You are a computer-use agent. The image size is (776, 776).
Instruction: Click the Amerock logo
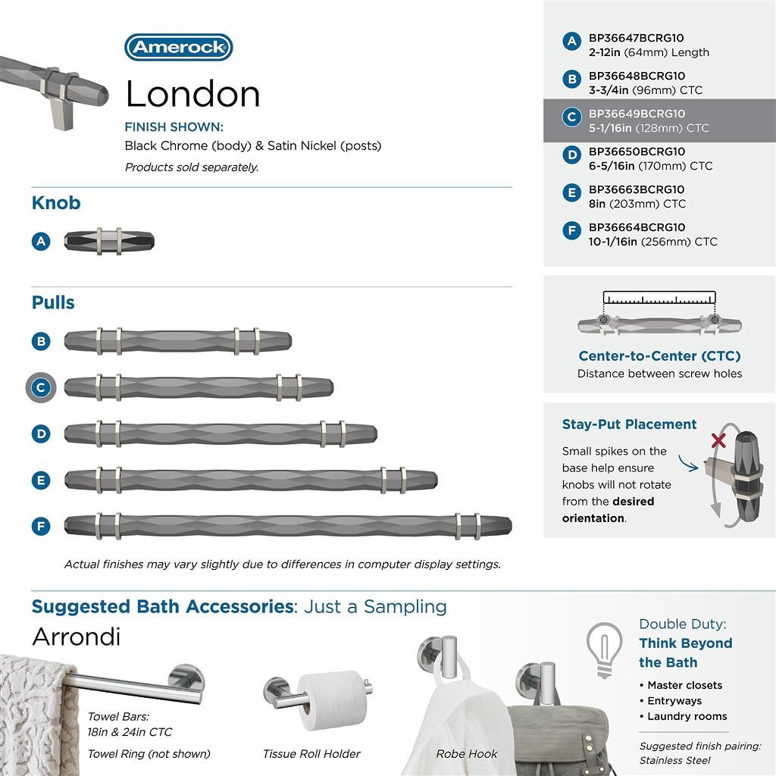point(178,48)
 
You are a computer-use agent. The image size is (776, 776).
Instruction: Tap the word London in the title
point(192,94)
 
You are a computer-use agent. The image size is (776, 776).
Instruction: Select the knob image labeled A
point(109,242)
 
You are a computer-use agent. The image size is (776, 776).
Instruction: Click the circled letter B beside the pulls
point(41,341)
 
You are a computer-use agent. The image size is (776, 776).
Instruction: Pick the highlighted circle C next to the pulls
point(41,388)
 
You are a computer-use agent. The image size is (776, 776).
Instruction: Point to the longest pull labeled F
point(288,525)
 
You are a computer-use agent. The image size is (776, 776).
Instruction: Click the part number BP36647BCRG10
point(637,38)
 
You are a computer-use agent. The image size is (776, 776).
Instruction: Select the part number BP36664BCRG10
point(637,227)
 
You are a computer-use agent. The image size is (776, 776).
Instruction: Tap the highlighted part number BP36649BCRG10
point(637,114)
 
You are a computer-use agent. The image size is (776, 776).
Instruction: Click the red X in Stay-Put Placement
point(718,440)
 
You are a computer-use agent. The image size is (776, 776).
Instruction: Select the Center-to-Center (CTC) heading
point(659,356)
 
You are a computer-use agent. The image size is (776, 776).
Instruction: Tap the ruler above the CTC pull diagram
point(659,299)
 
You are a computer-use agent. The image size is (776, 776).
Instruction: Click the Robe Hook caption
point(467,754)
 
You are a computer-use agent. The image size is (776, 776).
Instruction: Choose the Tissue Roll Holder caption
point(311,754)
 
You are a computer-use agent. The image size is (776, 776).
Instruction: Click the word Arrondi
point(76,637)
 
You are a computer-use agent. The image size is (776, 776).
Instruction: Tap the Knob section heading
point(56,203)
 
